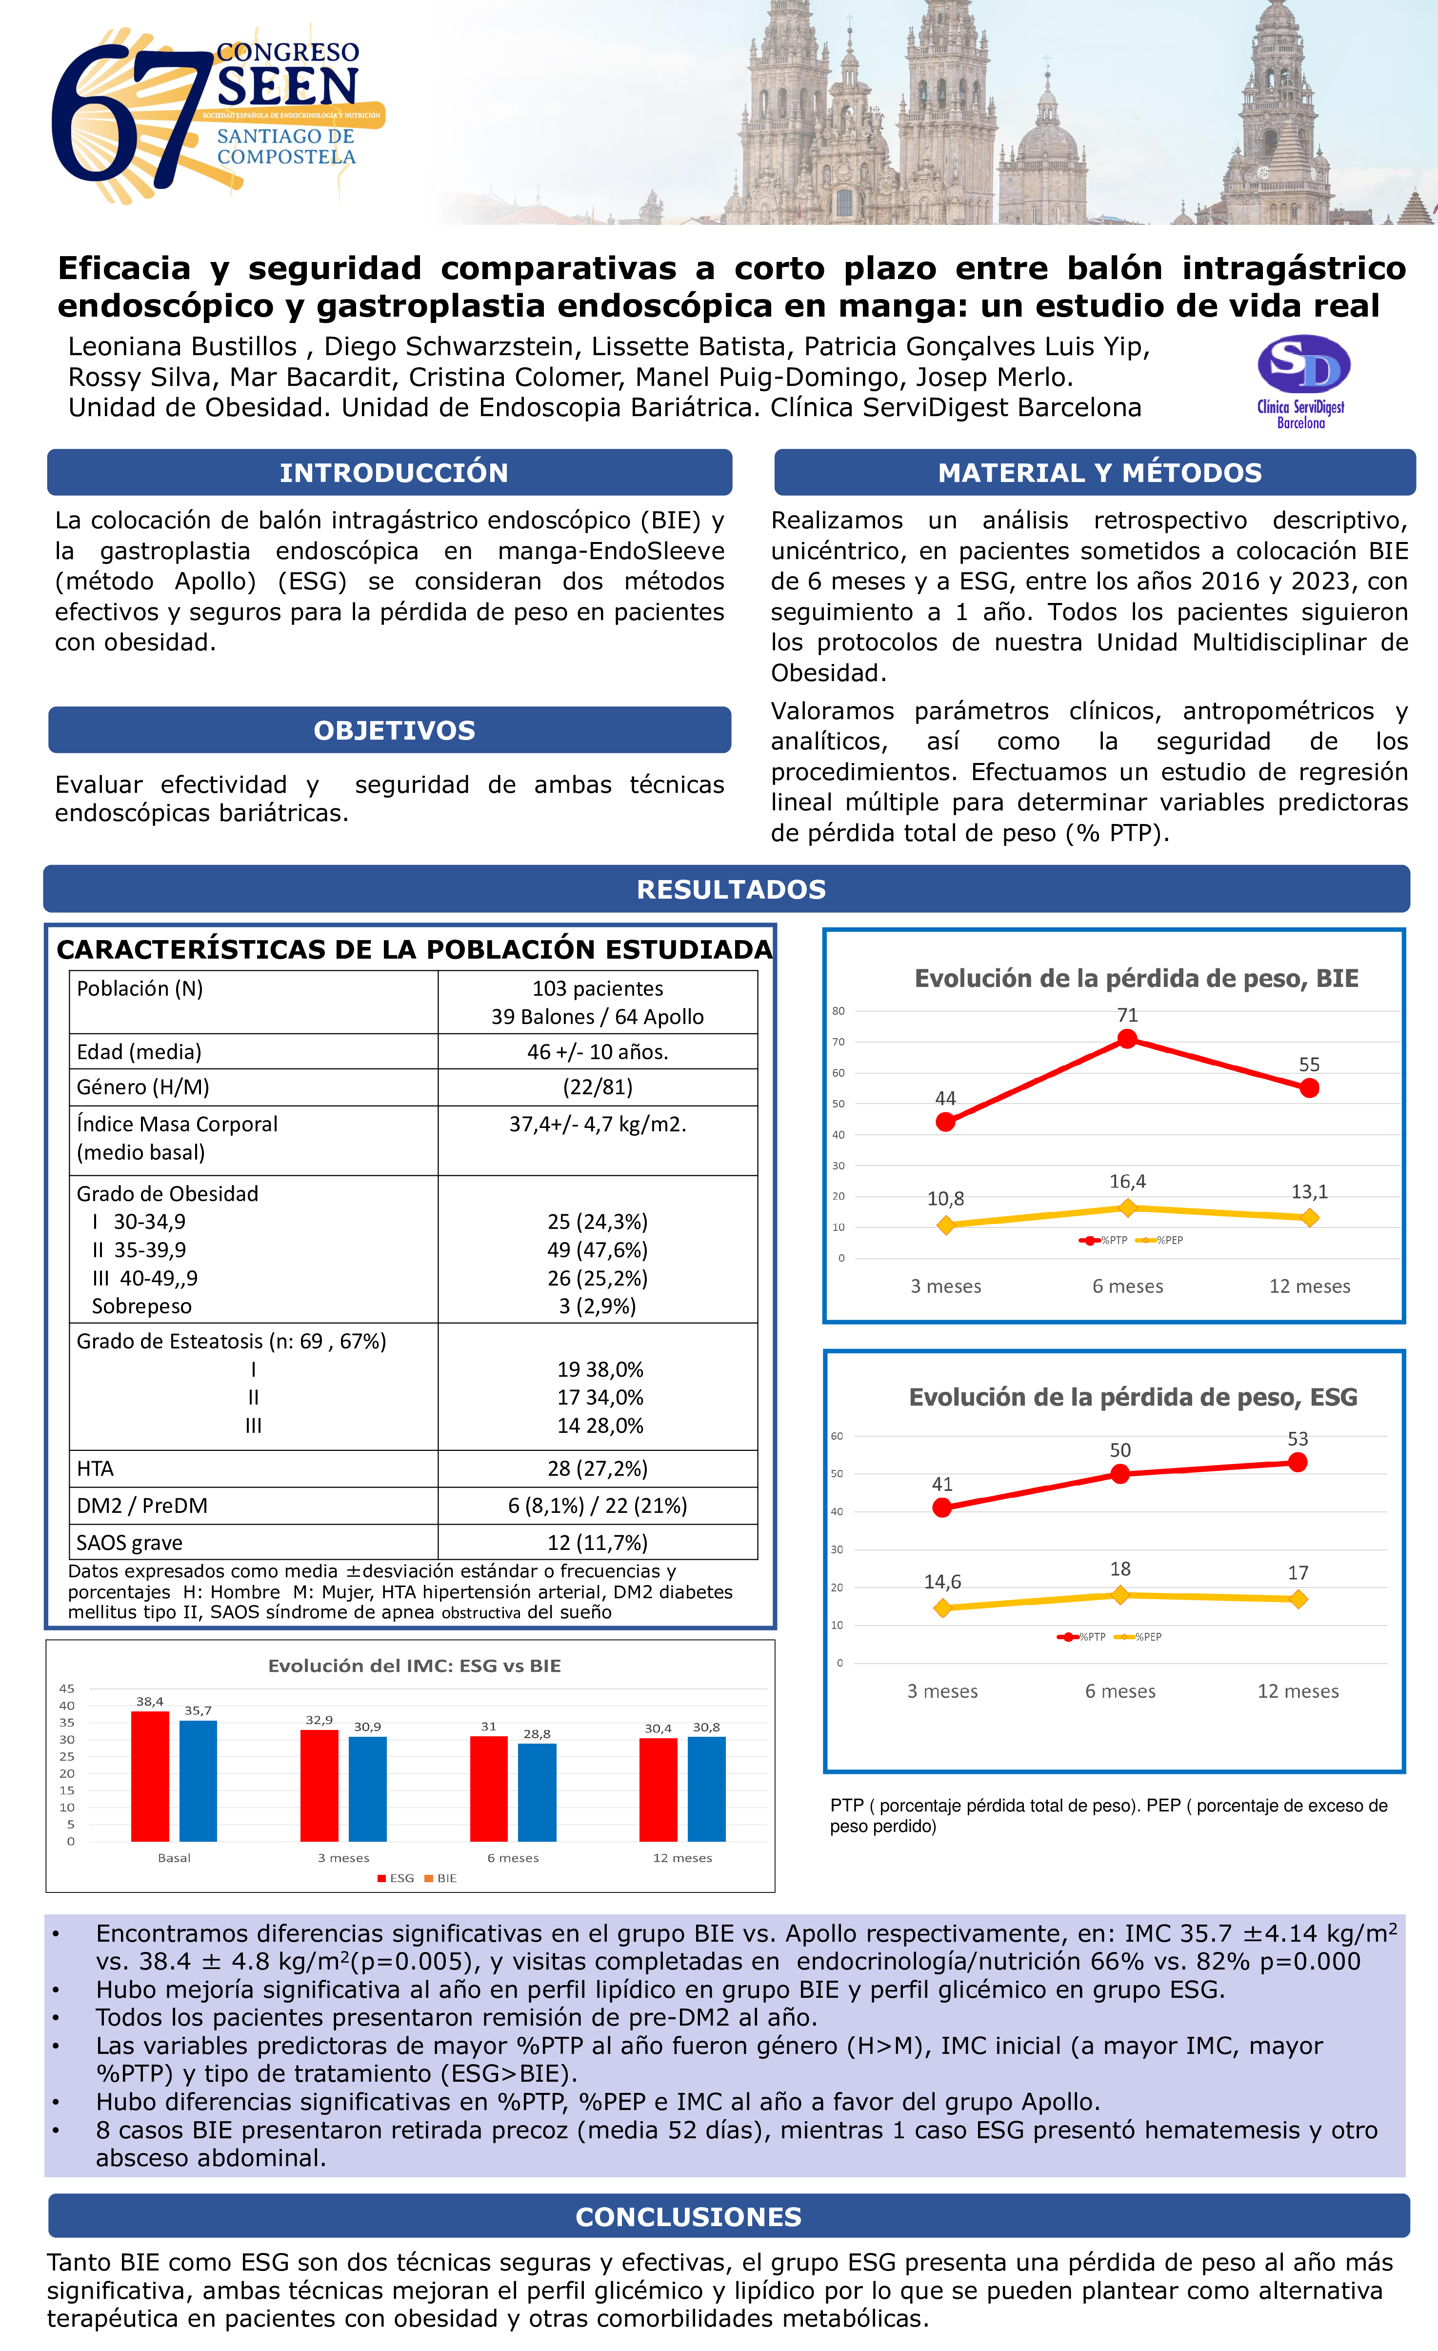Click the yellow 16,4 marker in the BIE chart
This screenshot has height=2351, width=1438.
(1127, 1208)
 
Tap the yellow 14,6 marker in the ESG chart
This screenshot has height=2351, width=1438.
(943, 1608)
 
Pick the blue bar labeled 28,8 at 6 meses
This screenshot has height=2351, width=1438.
(537, 1792)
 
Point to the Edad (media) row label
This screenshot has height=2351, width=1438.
(140, 1051)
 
